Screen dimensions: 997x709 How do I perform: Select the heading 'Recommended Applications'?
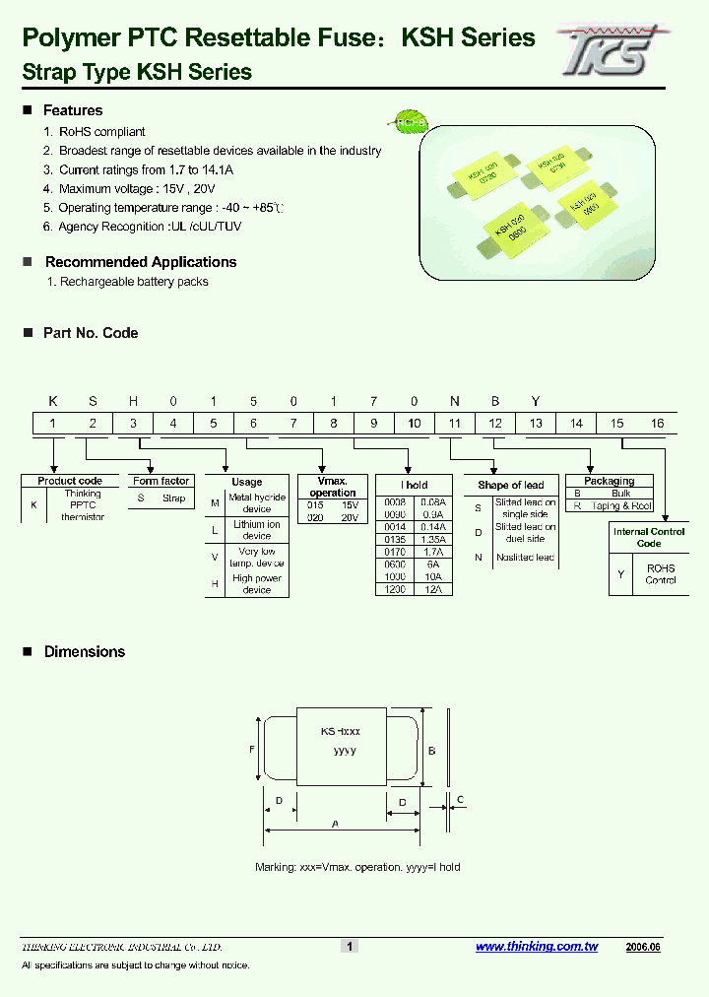tap(141, 262)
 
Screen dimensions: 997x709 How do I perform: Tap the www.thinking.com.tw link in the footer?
tap(537, 947)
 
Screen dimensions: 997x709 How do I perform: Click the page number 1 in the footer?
tap(349, 947)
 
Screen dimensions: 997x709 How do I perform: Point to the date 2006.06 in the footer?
tap(642, 947)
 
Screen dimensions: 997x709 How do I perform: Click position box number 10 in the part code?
tap(414, 424)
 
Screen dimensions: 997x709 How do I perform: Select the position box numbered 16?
tap(656, 424)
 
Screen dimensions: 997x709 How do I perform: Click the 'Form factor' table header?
tap(161, 481)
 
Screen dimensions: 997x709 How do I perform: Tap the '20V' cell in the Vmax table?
tap(349, 517)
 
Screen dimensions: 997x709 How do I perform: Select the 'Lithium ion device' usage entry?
tap(256, 530)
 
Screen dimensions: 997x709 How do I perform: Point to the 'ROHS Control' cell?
tap(661, 574)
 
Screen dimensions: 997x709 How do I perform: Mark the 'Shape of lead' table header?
tap(510, 485)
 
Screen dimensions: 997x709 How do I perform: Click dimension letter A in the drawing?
tap(336, 823)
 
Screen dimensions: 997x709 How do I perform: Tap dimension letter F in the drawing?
tap(252, 749)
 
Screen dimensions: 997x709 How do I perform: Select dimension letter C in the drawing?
tap(461, 799)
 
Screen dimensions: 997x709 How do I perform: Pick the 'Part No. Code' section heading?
tap(91, 333)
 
